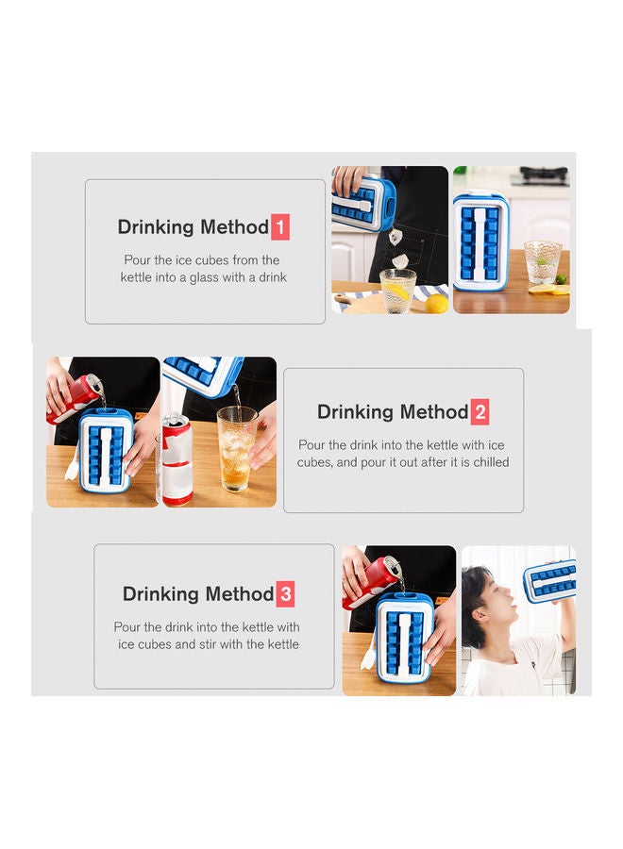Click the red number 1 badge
279,226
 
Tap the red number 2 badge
480,412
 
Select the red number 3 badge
285,594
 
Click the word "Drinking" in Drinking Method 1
156,226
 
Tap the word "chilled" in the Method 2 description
491,462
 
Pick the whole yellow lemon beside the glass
437,304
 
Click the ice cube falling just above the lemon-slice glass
400,261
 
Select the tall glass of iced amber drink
237,449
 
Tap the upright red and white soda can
177,458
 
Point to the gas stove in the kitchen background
543,175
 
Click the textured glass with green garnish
542,262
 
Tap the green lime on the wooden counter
561,279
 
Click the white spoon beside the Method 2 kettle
73,463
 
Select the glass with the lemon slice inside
397,291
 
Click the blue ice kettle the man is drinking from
549,581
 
